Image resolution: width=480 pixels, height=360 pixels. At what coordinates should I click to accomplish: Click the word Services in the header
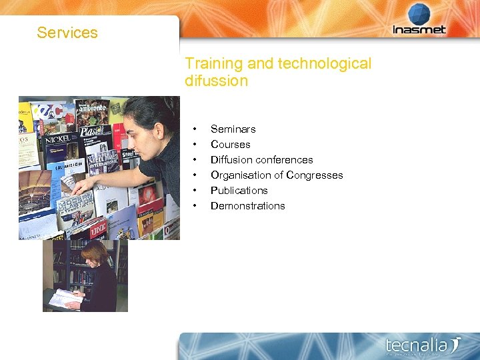click(x=67, y=33)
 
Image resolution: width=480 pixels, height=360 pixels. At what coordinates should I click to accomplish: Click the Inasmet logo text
click(x=419, y=29)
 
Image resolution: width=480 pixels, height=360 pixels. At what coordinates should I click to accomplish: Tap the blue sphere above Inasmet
click(x=419, y=14)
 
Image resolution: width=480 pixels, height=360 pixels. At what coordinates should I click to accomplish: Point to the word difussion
click(x=216, y=81)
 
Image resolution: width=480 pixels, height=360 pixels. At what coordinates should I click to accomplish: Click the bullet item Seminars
click(x=233, y=129)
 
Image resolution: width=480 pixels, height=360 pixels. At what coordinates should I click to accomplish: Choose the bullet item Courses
click(x=230, y=145)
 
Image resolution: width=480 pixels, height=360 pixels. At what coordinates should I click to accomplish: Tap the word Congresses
click(x=314, y=175)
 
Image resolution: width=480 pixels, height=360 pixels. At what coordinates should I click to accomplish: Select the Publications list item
click(x=239, y=191)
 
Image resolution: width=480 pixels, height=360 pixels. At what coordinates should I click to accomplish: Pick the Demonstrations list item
click(x=247, y=206)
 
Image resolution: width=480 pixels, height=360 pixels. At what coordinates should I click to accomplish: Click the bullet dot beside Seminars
click(x=195, y=129)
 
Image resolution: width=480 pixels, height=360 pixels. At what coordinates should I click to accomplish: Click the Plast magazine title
click(x=93, y=131)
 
